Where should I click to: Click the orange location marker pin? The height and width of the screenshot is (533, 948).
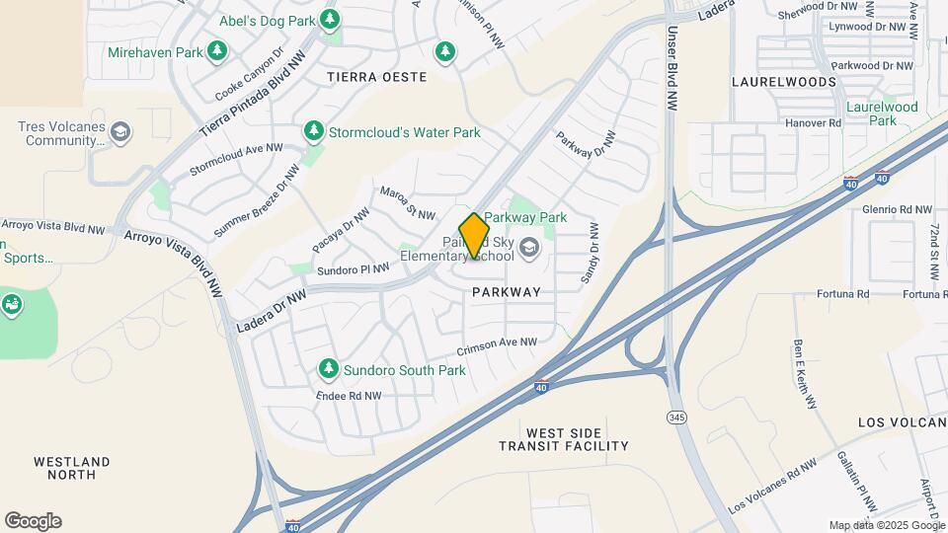point(474,236)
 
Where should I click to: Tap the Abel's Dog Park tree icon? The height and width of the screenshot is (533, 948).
point(330,19)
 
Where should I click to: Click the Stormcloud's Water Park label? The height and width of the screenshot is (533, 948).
point(405,132)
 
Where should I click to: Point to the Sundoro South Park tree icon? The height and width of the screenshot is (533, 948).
point(329,369)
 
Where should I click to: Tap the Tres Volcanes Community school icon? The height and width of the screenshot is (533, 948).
point(121,132)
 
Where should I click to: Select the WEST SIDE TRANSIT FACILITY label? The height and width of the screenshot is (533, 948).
point(578,439)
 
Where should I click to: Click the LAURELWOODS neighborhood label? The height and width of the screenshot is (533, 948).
point(783,82)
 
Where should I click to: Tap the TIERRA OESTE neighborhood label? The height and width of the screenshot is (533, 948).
point(378,77)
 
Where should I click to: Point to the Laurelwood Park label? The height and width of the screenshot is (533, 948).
point(882,113)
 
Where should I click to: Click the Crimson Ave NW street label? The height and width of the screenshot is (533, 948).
point(497,348)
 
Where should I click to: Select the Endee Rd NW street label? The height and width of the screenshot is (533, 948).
point(349,396)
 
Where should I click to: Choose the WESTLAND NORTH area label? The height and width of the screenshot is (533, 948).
point(71,468)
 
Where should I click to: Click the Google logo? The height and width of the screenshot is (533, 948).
point(33,521)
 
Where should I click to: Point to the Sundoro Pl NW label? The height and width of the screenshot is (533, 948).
point(353,267)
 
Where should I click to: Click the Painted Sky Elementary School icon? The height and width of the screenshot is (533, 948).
point(529,247)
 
